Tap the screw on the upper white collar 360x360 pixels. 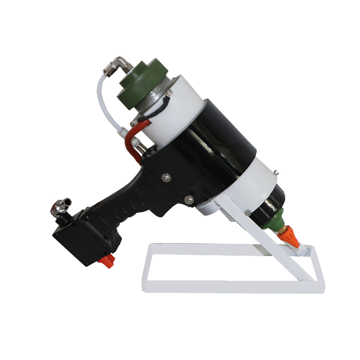171,93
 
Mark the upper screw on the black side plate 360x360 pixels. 165,176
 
